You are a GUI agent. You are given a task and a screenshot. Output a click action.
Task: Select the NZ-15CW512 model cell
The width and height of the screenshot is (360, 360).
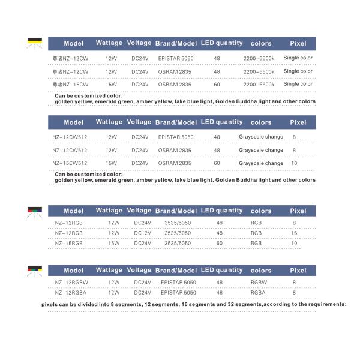70,163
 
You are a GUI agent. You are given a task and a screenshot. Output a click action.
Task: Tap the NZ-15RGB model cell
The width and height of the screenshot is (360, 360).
69,243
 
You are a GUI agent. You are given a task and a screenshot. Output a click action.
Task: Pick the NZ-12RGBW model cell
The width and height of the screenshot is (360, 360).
71,282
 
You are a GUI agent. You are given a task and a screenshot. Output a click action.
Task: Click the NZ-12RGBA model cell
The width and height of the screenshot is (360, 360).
71,292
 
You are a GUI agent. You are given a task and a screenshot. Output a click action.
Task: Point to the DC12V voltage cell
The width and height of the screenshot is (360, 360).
142,233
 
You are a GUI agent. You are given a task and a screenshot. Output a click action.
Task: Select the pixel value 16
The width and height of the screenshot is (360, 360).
294,233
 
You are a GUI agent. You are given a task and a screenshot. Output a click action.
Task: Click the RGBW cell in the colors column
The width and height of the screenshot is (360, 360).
257,282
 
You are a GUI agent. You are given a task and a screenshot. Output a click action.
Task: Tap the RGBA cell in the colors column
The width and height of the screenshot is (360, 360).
257,292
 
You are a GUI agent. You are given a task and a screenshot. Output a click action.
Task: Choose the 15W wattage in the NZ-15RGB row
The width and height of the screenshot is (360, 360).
113,243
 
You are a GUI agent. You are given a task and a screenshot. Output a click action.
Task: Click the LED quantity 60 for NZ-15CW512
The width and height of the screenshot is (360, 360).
217,163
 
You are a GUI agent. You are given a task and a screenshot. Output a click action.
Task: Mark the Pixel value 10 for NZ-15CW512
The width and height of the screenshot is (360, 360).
294,163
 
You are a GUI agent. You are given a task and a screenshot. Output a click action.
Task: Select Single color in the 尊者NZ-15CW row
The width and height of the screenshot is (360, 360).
298,84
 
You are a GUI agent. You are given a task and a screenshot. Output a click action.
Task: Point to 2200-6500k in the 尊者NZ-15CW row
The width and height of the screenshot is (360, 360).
259,85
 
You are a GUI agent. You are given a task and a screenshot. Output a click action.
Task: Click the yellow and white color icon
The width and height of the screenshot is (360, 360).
35,42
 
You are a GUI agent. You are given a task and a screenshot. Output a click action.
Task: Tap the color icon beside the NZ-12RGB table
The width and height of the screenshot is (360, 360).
35,210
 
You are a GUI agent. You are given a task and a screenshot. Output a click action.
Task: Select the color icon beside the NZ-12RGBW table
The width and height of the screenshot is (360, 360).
35,270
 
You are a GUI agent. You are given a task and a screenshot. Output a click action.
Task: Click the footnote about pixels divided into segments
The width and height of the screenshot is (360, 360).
194,304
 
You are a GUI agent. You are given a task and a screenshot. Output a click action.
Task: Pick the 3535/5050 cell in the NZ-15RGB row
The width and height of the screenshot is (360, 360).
178,243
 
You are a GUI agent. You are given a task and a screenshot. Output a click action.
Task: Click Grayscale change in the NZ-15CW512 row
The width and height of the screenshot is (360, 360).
261,163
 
